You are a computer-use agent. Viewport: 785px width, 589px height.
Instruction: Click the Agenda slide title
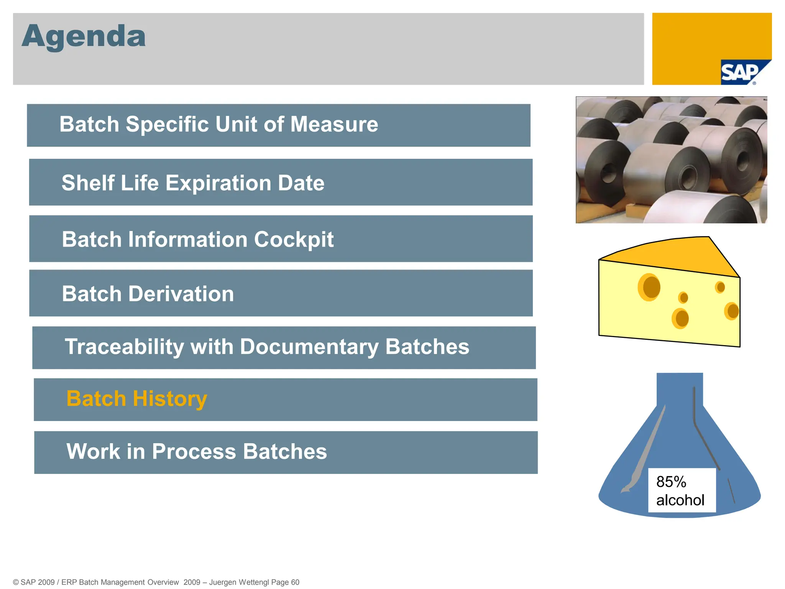point(84,36)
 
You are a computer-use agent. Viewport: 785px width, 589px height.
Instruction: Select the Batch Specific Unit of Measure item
point(218,125)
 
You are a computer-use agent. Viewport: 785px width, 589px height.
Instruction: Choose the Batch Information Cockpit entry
point(197,239)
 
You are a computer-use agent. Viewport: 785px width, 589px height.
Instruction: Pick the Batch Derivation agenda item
point(148,294)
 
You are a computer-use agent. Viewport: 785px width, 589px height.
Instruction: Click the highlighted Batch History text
point(137,399)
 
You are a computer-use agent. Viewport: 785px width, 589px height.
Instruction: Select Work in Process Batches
point(197,451)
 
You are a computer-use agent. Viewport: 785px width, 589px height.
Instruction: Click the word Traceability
point(124,347)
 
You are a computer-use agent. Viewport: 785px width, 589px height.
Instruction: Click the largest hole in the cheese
point(650,287)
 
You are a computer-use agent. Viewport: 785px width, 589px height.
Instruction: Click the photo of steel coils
point(671,160)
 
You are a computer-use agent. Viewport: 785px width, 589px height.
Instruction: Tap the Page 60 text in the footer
point(285,582)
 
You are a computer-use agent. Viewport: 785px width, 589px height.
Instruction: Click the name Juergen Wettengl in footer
point(239,582)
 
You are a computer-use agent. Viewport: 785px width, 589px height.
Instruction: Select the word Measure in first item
point(334,125)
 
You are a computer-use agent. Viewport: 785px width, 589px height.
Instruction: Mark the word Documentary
point(309,347)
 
